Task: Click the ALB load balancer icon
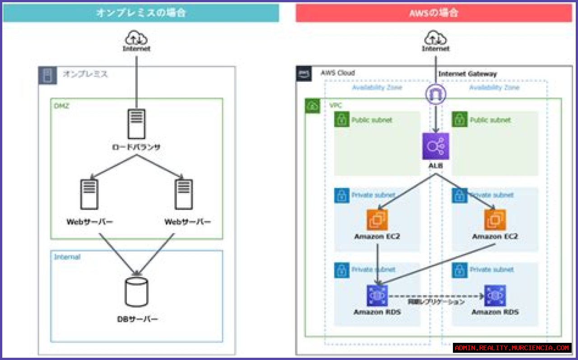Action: point(436,146)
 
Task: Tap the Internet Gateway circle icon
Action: point(436,94)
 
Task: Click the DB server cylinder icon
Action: point(136,292)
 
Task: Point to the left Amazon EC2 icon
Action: point(377,220)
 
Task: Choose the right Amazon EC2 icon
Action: point(495,220)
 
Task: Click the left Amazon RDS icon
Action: point(377,296)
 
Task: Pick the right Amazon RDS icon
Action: point(495,296)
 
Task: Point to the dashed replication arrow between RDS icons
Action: point(436,296)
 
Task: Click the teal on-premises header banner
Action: point(141,13)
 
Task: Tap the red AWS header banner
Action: point(434,13)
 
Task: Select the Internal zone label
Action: point(67,257)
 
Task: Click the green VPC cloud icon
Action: point(312,106)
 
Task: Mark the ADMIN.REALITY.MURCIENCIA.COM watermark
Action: point(513,348)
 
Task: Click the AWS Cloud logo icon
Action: point(303,74)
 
